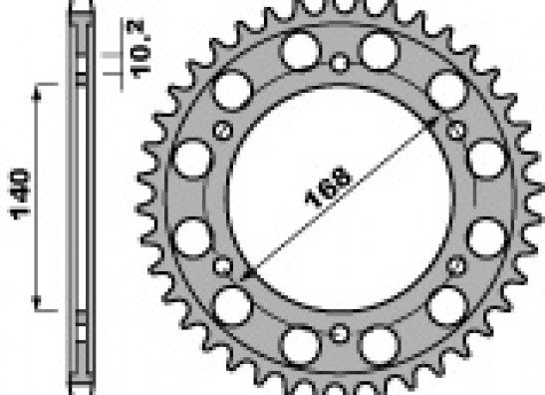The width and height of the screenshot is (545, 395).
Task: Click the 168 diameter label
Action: point(328,187)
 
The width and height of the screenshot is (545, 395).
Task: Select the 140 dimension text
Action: point(20,195)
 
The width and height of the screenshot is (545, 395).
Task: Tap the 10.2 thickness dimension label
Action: point(139,48)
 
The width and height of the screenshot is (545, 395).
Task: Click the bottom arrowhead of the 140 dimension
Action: point(37,302)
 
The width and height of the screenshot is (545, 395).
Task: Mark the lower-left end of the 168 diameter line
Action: point(249,274)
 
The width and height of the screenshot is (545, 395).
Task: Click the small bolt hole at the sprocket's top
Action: point(340,63)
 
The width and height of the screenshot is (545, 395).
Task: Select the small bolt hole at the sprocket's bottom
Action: point(339,334)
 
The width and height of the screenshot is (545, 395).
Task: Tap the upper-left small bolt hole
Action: point(223,130)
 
